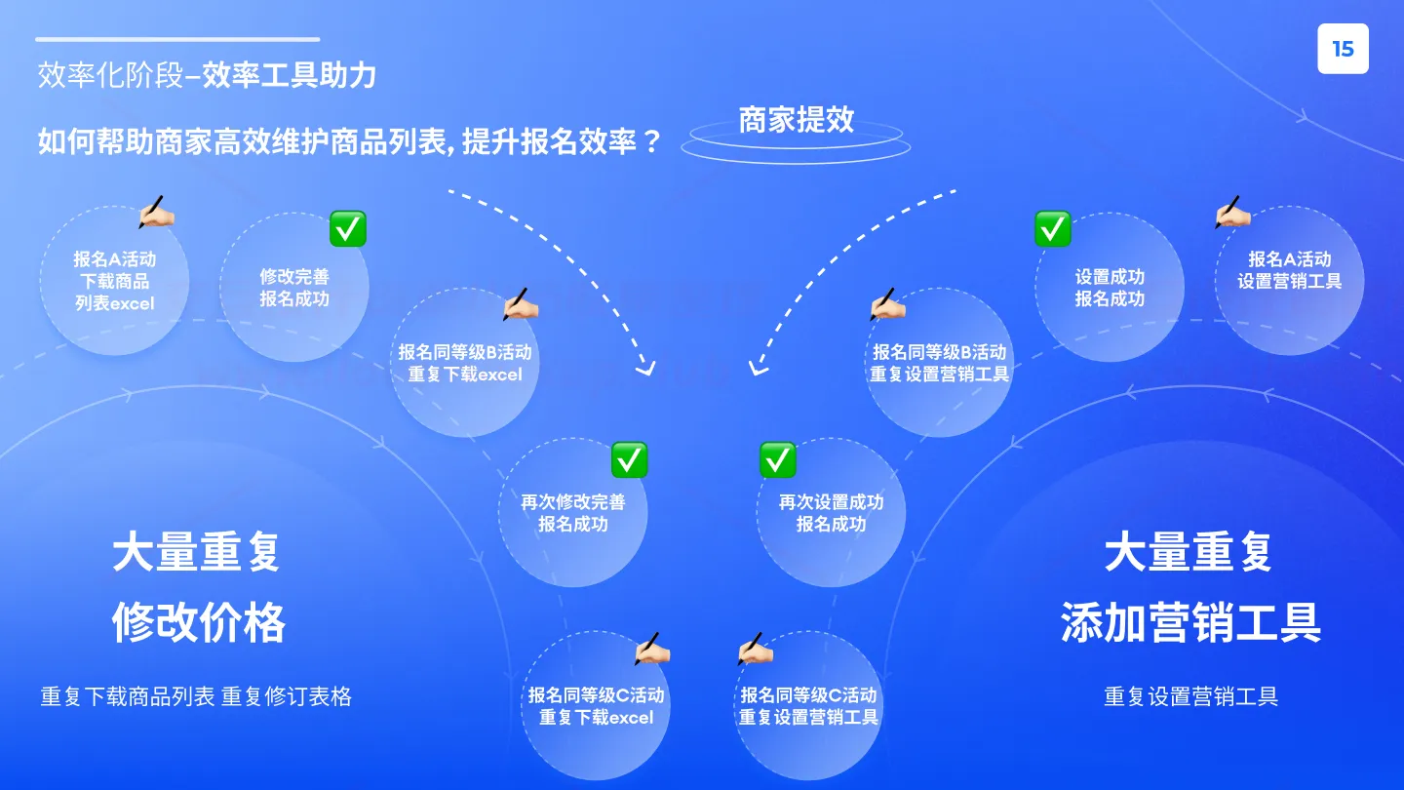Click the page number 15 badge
pos(1343,49)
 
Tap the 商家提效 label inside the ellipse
pos(796,119)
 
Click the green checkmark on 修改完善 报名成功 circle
pos(348,229)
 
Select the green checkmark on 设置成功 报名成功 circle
pos(1053,229)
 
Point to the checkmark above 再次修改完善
pos(629,459)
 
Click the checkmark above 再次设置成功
pos(778,459)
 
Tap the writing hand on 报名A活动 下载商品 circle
pos(156,212)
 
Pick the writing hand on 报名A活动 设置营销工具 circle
pos(1232,212)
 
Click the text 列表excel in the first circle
pos(115,304)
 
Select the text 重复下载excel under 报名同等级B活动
pos(465,375)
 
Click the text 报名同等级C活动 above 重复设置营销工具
pos(808,694)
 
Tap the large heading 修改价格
pos(199,622)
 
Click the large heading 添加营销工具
pos(1190,622)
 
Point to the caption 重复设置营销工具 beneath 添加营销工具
pos(1190,696)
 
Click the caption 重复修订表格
pos(287,696)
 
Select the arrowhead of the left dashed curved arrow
pos(645,369)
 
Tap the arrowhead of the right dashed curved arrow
pos(759,369)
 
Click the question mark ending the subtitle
pos(652,141)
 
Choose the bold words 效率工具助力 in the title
pos(289,75)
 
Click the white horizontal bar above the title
pos(178,39)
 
